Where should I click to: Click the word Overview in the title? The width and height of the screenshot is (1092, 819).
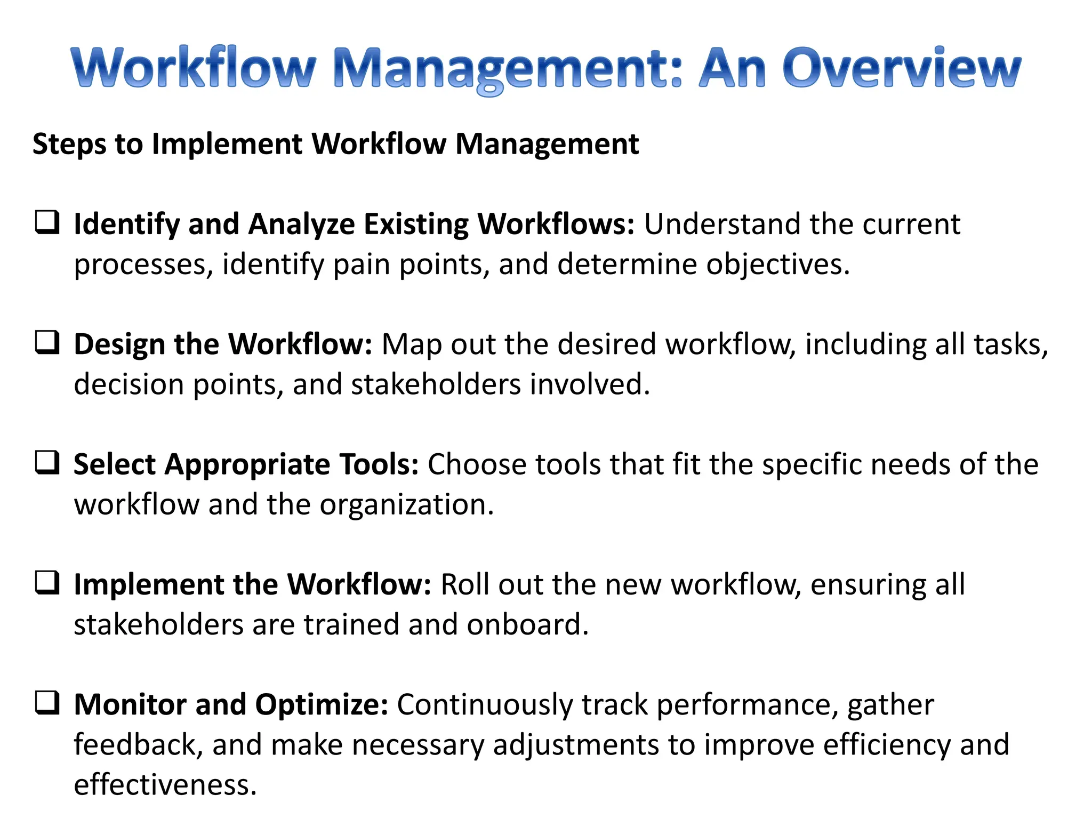(901, 68)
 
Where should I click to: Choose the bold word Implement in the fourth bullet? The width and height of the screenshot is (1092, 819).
(149, 585)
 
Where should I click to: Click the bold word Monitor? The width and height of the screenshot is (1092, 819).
(130, 705)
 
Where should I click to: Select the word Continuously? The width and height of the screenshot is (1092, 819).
(484, 705)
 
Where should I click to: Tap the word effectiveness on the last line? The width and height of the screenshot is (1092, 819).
(165, 785)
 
